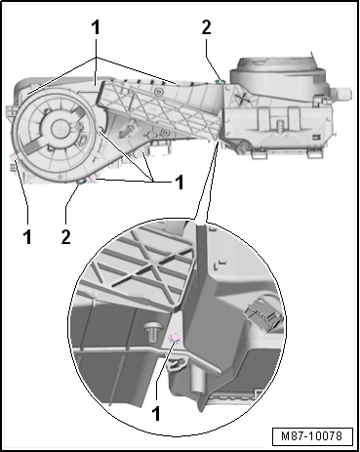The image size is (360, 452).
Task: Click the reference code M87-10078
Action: click(312, 435)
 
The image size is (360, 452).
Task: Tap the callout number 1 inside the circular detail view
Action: click(156, 413)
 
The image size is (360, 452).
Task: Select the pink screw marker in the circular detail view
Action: click(176, 337)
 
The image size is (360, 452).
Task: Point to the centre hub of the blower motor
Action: click(60, 127)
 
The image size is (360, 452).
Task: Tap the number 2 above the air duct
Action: click(206, 27)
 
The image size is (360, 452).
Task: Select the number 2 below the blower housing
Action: click(65, 236)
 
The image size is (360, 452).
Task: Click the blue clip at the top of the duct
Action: click(220, 80)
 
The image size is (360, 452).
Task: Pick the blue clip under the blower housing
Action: click(81, 181)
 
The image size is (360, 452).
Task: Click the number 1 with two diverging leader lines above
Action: click(96, 27)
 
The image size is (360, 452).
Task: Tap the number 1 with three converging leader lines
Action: click(180, 183)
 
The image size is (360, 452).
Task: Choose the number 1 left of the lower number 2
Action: click(27, 236)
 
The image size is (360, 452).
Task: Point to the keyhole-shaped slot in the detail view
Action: click(176, 364)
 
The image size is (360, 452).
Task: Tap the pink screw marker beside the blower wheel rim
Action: click(100, 131)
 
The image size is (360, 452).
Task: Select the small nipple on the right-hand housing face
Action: click(278, 124)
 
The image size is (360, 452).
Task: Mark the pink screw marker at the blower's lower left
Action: click(15, 158)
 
